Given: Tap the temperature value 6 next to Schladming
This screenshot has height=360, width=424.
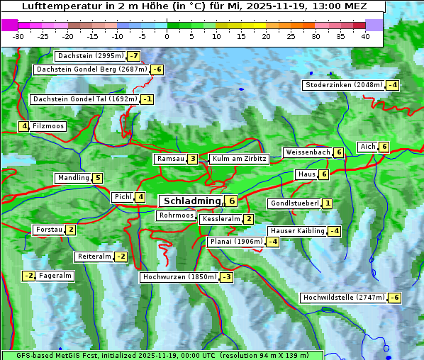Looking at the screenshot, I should [x=231, y=201].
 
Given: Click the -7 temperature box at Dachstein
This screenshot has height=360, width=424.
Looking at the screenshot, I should [x=133, y=56].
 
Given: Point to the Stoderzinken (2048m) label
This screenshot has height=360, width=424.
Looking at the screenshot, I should [x=343, y=85].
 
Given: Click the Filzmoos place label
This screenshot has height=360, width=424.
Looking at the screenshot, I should [x=48, y=126].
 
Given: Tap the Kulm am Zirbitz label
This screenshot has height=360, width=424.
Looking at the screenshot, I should [x=239, y=159].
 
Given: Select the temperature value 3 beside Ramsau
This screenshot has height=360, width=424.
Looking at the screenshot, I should [x=193, y=159].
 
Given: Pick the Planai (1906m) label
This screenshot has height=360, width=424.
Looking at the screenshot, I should [x=236, y=242].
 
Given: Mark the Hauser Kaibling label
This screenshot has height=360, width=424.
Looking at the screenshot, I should [x=297, y=231].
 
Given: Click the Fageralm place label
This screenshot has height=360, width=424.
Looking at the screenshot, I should [x=55, y=276].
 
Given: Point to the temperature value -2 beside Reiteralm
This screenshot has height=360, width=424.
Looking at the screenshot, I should [x=121, y=257].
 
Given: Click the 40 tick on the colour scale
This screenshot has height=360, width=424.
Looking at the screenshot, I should [x=365, y=35].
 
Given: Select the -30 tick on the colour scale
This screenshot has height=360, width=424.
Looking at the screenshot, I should [x=18, y=35].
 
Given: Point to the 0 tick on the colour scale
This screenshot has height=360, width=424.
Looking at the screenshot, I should [x=167, y=35].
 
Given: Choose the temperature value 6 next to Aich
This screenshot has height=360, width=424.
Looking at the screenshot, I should [x=384, y=147].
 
